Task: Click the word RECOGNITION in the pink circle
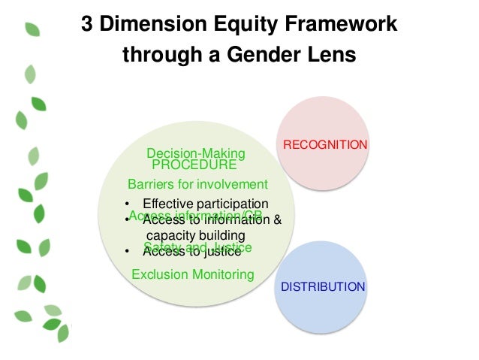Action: [324, 144]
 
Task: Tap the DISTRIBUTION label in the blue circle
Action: [323, 287]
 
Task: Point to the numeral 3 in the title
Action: [88, 26]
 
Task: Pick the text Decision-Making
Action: [196, 154]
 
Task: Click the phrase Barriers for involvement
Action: [197, 184]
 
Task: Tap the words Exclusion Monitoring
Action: [193, 274]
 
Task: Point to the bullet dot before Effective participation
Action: [128, 204]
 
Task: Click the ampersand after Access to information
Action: [277, 220]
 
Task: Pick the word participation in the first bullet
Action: [233, 204]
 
